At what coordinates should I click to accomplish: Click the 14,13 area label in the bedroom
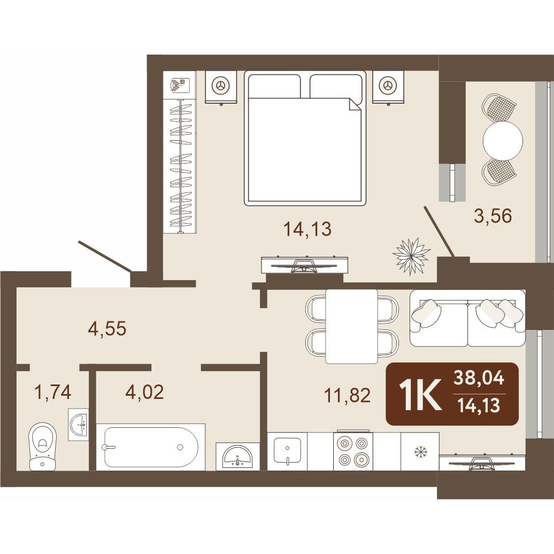[x=307, y=229]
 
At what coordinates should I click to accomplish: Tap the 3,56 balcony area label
[x=493, y=216]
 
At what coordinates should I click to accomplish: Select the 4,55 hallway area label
[x=107, y=328]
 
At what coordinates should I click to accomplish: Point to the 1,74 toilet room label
[x=52, y=392]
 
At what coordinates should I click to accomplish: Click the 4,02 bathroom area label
[x=145, y=392]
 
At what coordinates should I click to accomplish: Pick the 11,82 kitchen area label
[x=347, y=395]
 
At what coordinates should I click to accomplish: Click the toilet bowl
[x=42, y=447]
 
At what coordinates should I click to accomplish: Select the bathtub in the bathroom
[x=150, y=447]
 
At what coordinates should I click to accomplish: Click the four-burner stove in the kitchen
[x=353, y=451]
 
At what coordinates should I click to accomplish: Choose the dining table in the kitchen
[x=351, y=326]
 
